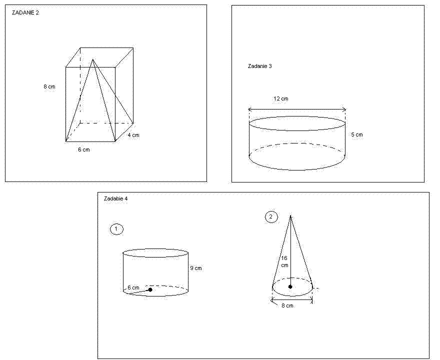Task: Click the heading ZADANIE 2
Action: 25,12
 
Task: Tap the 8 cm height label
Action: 49,86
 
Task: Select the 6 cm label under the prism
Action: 84,150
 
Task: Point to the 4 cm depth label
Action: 133,135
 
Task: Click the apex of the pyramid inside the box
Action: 92,59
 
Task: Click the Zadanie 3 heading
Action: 259,66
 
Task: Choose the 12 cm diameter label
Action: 280,99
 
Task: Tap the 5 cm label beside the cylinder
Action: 357,134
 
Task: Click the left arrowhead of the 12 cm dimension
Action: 249,109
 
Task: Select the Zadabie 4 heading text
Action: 115,198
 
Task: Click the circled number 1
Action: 116,229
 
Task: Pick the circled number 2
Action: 271,217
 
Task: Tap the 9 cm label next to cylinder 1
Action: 196,268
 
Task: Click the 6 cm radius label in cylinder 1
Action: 133,287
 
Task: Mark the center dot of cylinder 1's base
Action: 150,289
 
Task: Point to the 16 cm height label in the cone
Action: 284,261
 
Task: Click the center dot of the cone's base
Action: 290,287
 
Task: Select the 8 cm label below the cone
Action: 287,305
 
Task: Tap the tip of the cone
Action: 290,216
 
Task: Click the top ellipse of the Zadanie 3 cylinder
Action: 297,130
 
